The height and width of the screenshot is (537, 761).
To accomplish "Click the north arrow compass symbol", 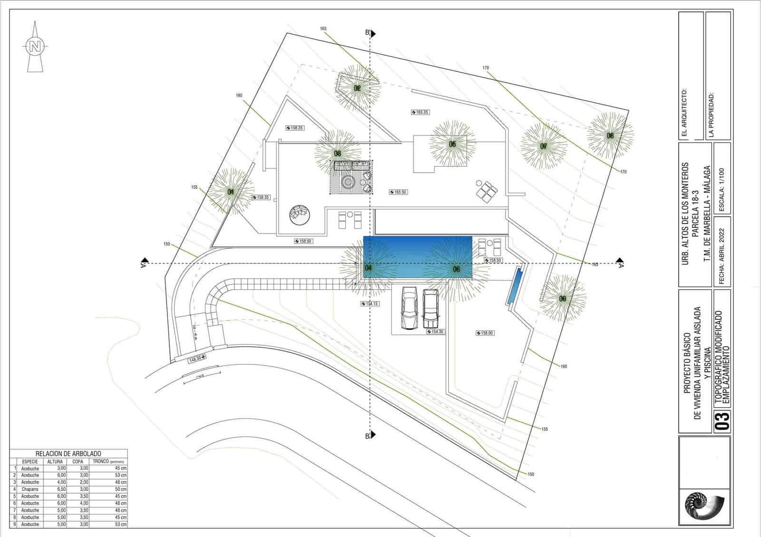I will (35, 47).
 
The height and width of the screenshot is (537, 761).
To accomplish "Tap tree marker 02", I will (357, 88).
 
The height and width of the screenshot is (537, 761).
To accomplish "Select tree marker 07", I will (543, 146).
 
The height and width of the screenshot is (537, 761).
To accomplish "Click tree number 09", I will (563, 299).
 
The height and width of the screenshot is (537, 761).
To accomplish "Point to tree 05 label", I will (452, 144).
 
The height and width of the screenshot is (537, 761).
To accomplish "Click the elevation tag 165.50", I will (398, 192).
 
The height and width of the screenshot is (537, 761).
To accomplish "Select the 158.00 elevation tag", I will (485, 333).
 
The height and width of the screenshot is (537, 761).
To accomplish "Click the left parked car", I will (410, 308).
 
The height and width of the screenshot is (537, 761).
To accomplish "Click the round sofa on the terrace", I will (300, 215).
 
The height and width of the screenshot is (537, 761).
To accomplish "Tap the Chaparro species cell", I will (30, 489).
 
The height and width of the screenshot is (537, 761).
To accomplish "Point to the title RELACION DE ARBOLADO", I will (68, 454).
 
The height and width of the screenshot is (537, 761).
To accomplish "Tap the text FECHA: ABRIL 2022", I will (722, 257).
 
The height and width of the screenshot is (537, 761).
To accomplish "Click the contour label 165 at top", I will (323, 29).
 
